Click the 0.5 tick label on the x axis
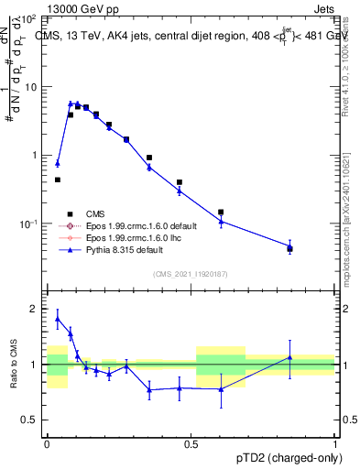tap(191, 442)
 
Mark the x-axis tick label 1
tap(334, 442)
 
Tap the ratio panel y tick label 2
tap(34, 309)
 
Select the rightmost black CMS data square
tap(289, 248)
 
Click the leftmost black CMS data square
tap(58, 180)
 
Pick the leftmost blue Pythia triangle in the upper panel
tap(58, 163)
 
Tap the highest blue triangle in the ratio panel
tap(58, 318)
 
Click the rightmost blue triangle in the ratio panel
tap(289, 357)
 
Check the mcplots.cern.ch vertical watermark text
tap(349, 229)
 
